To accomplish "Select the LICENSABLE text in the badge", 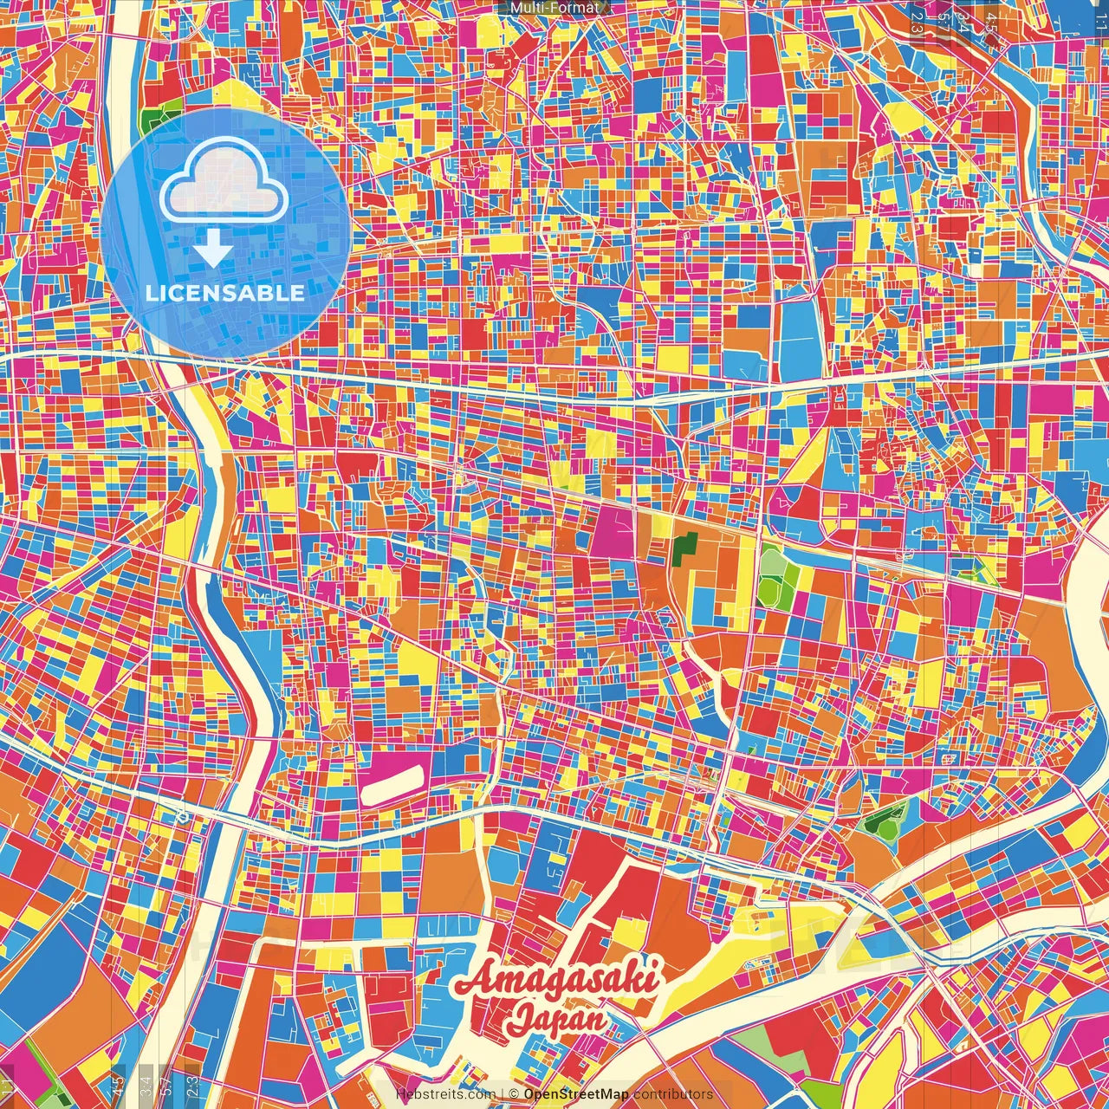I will tap(224, 293).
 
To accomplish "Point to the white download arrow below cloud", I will tap(212, 250).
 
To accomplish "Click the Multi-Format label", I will tap(554, 8).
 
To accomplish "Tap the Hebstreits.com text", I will tap(445, 1094).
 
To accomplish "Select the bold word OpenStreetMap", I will tap(576, 1094).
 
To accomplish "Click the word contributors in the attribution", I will tap(673, 1094).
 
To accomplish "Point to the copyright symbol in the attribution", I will tap(514, 1094).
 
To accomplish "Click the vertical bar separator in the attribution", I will tap(502, 1094).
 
